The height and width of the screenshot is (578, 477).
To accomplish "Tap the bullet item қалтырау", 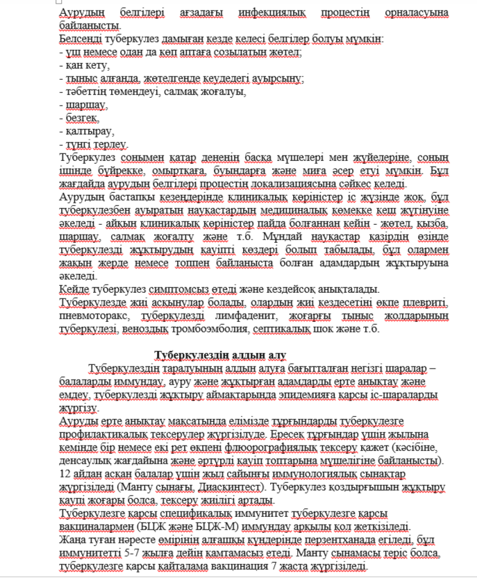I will click(x=87, y=131).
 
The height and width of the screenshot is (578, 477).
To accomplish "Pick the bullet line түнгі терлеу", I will click(x=94, y=144).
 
